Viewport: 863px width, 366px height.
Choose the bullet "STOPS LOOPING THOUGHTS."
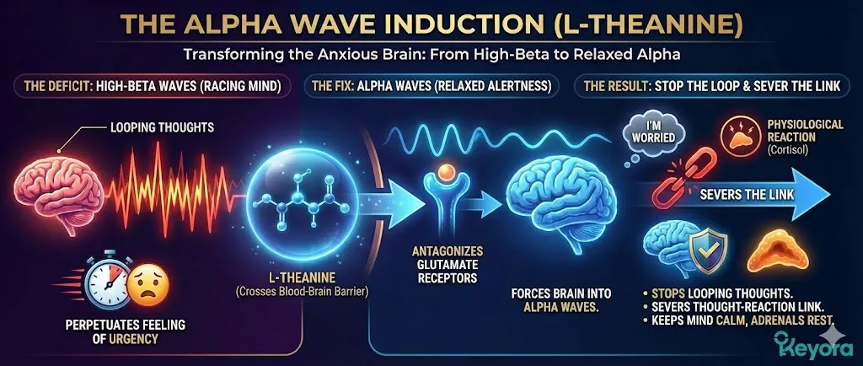click(x=715, y=289)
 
